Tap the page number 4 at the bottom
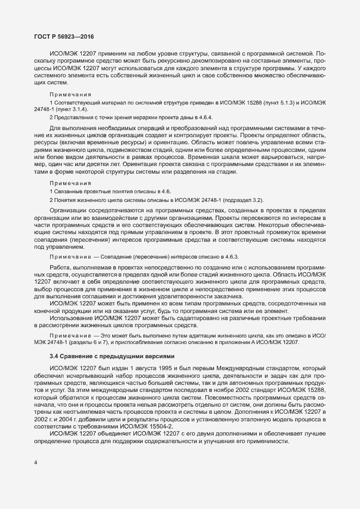tap(36, 463)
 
